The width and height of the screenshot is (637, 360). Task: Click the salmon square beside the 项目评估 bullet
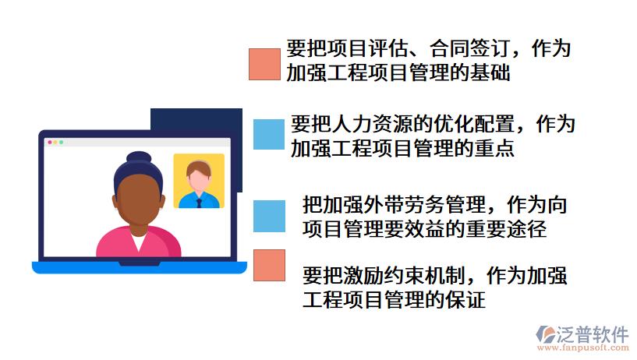point(264,64)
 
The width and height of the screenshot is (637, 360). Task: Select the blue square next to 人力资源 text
point(269,133)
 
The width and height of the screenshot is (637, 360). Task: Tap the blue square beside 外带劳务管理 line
point(269,216)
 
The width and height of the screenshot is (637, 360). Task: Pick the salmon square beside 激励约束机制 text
point(269,265)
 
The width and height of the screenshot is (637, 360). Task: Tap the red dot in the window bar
point(50,143)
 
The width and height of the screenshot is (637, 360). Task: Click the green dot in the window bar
point(62,143)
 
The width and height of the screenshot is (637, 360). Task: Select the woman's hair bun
point(138,157)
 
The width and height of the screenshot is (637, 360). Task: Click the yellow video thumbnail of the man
point(198,181)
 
